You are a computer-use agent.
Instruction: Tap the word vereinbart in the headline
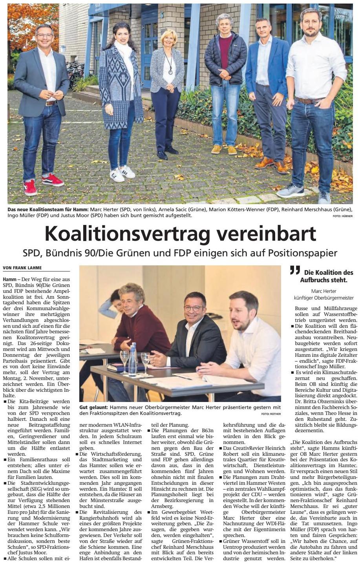pyautogui.click(x=267, y=234)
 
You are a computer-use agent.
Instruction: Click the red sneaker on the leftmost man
pyautogui.click(x=52, y=180)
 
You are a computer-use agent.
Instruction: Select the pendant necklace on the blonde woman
pyautogui.click(x=170, y=71)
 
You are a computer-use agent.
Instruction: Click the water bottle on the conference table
pyautogui.click(x=133, y=359)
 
